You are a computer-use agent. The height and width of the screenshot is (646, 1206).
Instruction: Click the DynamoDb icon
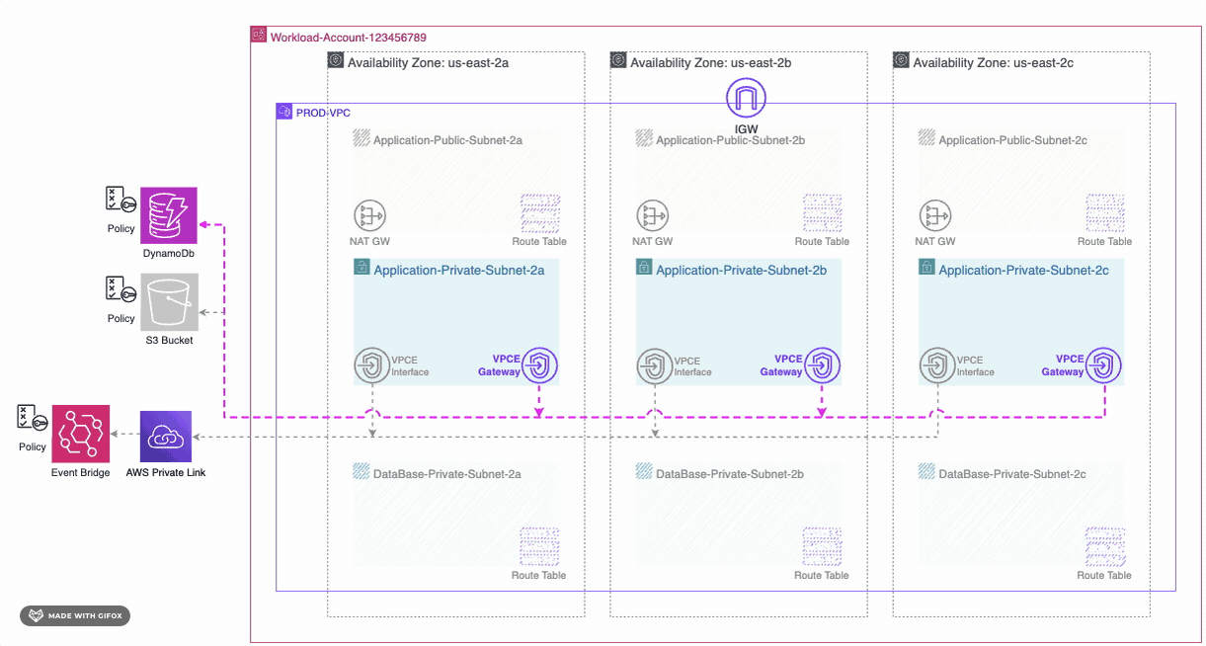170,216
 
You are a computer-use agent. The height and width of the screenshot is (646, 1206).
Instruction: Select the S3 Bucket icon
170,301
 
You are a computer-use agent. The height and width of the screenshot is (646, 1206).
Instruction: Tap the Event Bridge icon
81,433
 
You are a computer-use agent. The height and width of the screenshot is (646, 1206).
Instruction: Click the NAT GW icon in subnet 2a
369,215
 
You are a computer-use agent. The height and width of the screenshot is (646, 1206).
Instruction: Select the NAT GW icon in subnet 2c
934,215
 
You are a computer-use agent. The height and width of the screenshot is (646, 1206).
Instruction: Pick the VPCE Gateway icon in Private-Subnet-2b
823,366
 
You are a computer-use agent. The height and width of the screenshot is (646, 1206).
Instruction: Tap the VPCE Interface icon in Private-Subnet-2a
371,366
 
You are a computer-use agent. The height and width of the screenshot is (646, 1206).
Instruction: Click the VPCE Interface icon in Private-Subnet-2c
937,366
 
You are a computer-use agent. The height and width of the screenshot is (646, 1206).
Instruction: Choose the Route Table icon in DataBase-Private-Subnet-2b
822,546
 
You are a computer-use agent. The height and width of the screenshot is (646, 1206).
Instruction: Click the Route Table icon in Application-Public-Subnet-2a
539,213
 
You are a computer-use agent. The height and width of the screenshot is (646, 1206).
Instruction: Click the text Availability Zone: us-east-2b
710,62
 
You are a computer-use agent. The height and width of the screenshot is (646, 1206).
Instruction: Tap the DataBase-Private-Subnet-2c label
1011,474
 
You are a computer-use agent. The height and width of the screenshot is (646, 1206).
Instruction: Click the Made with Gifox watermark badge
75,616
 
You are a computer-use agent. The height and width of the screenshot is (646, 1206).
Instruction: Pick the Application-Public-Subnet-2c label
1012,140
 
